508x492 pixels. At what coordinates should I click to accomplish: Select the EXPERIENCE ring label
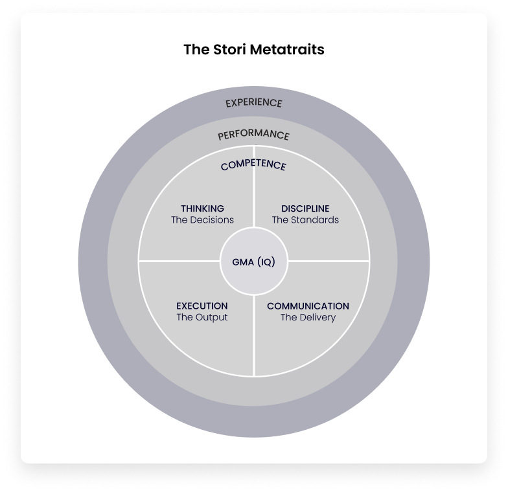pyautogui.click(x=254, y=103)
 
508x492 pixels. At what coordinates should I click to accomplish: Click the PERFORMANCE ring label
pyautogui.click(x=253, y=135)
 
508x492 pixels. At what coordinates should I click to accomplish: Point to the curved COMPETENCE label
pyautogui.click(x=253, y=165)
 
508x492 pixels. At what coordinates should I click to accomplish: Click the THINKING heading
pyautogui.click(x=202, y=208)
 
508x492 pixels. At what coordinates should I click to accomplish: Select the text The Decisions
pyautogui.click(x=202, y=220)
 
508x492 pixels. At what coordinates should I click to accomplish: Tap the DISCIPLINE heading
pyautogui.click(x=305, y=208)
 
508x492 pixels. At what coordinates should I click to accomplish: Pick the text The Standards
pyautogui.click(x=305, y=220)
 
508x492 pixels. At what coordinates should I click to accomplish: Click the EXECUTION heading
pyautogui.click(x=202, y=306)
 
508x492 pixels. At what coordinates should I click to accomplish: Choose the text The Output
pyautogui.click(x=202, y=318)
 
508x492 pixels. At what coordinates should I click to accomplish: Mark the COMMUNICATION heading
pyautogui.click(x=308, y=306)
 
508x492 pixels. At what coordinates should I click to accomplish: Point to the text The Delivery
pyautogui.click(x=308, y=318)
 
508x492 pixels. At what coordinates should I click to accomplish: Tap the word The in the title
pyautogui.click(x=194, y=49)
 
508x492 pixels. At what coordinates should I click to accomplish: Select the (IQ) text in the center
pyautogui.click(x=266, y=262)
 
